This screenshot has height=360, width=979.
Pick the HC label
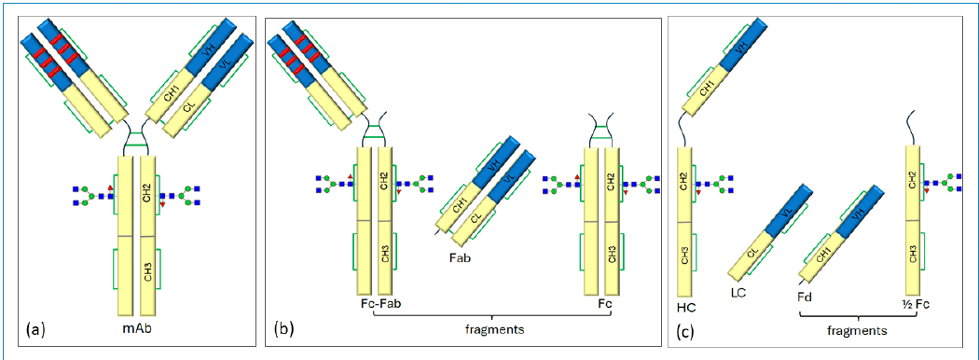point(685,305)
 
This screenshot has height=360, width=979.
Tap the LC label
point(740,293)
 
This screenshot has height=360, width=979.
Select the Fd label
point(806,298)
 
